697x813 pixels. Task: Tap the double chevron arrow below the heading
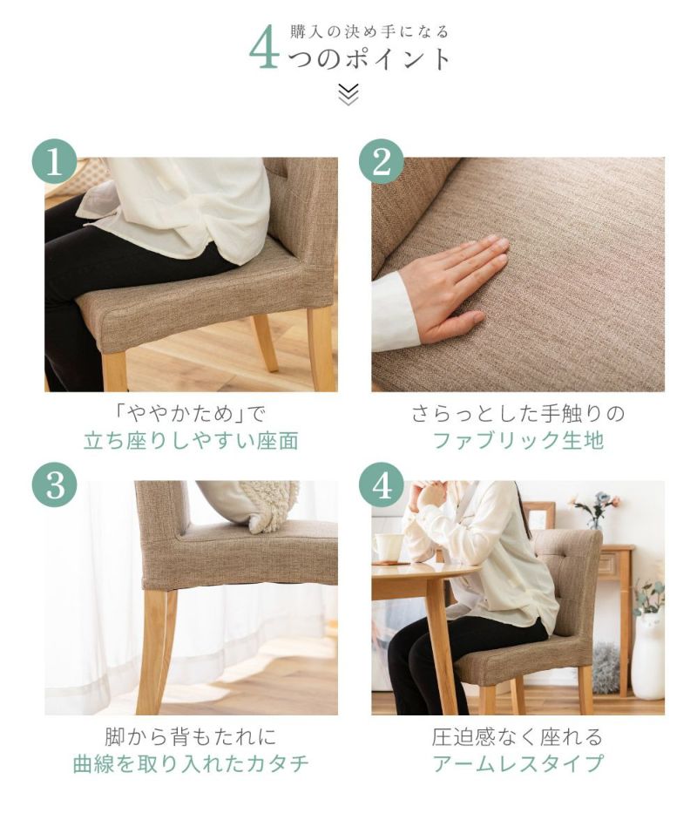(x=348, y=94)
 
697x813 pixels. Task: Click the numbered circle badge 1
(x=55, y=161)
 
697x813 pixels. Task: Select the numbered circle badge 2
(x=382, y=161)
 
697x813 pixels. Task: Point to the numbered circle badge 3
(x=55, y=484)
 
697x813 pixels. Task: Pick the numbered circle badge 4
(x=382, y=484)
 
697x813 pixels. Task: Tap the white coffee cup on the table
(x=388, y=547)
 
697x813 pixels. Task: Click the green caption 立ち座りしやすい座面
(x=192, y=441)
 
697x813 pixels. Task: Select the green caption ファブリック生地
(x=518, y=441)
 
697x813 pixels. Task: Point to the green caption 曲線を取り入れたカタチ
(x=192, y=763)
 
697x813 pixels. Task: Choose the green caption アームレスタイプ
(x=518, y=763)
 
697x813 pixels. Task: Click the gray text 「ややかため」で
(x=192, y=414)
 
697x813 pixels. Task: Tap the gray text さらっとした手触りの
(x=518, y=414)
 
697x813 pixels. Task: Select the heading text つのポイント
(x=369, y=58)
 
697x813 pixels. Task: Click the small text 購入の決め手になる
(x=369, y=32)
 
